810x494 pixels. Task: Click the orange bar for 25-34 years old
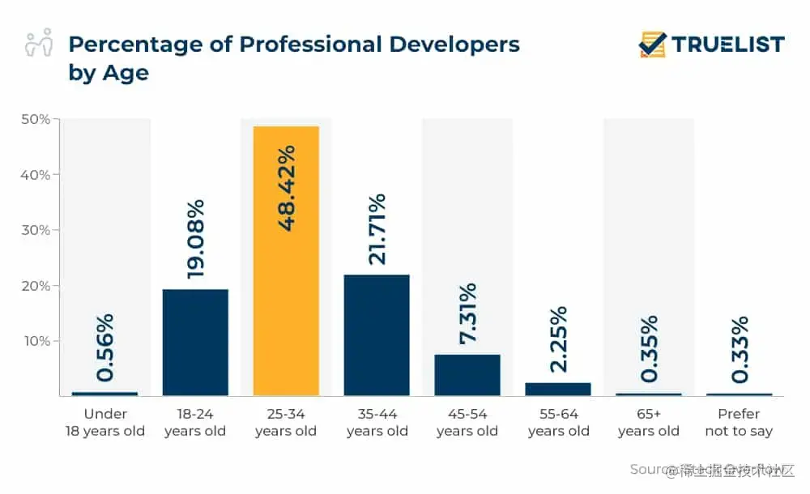point(286,261)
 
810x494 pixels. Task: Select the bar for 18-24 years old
point(195,342)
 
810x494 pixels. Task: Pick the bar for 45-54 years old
point(467,375)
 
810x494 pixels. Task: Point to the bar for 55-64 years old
point(558,389)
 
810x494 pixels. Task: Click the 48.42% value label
point(286,188)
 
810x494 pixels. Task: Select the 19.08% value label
point(195,240)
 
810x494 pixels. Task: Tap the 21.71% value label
point(377,229)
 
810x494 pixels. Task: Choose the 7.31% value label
point(467,313)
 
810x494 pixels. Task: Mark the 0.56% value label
point(104,347)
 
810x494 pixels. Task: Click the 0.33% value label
point(739,350)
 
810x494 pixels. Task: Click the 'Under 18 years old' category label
point(104,423)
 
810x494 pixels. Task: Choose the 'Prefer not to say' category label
point(739,423)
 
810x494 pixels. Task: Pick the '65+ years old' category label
point(648,423)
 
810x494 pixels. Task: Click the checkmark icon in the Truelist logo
point(652,44)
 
